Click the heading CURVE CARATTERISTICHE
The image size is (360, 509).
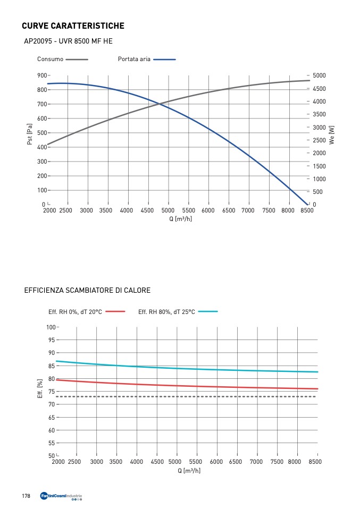pyautogui.click(x=73, y=26)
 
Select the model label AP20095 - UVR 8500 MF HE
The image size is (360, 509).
pyautogui.click(x=68, y=41)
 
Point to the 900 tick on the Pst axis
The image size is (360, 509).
pyautogui.click(x=41, y=75)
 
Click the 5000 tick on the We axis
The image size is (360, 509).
pyautogui.click(x=320, y=75)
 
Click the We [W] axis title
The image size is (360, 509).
pyautogui.click(x=332, y=135)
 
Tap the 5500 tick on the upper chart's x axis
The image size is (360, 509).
pyautogui.click(x=189, y=210)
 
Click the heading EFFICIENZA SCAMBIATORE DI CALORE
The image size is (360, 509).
pyautogui.click(x=87, y=291)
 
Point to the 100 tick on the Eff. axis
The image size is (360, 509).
pyautogui.click(x=51, y=327)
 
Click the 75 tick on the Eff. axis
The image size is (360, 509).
pyautogui.click(x=52, y=392)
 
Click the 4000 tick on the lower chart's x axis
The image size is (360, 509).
pyautogui.click(x=137, y=462)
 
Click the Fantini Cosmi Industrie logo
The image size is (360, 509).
pyautogui.click(x=61, y=497)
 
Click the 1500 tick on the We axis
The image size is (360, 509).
pyautogui.click(x=320, y=166)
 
